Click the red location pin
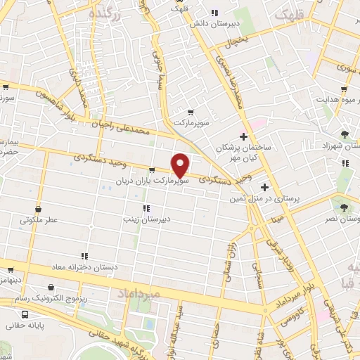point(181,165)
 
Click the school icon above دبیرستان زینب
point(146,207)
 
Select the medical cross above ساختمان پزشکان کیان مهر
point(243,136)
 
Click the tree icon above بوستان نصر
point(344,207)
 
